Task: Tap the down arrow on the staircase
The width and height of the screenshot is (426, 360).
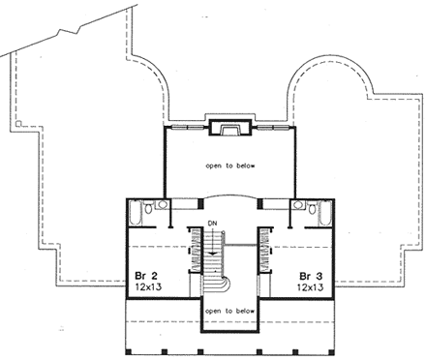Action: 212,247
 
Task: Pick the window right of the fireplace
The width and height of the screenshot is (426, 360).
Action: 267,127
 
